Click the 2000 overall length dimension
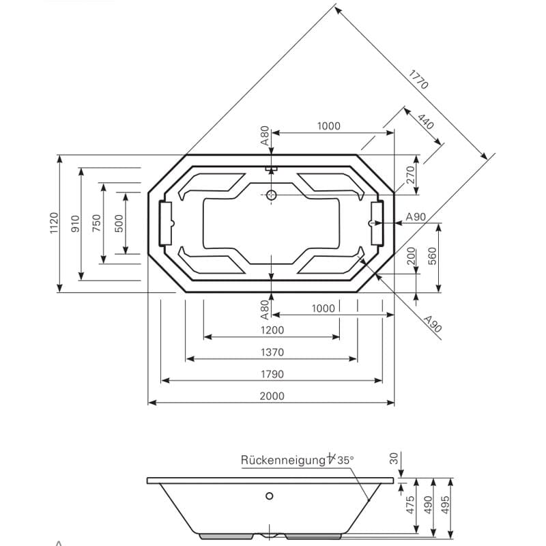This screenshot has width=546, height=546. pos(272,396)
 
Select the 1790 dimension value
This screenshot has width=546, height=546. pos(272,374)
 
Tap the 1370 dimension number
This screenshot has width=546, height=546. pos(272,352)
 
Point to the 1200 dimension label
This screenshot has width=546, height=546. pos(272,330)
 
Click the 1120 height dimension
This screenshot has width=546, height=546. pos(54,223)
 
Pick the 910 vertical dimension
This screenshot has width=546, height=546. pos(75,224)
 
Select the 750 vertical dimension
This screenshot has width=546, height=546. pos(97,223)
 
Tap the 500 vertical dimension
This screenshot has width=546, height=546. pos(119,224)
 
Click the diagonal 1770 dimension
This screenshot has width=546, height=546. pos(418,80)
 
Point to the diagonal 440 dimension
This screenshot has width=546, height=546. pos(425,121)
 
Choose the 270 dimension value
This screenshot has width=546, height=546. pos(411,175)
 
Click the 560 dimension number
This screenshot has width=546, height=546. pos(432,256)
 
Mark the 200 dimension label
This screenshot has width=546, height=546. pos(412,256)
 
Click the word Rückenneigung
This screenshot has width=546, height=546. pos(283,460)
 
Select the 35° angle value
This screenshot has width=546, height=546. pos(345,460)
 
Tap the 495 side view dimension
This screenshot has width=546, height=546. pos(445,505)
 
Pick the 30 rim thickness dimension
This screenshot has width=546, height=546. pos(394,458)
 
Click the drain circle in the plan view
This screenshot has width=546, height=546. pos(271,195)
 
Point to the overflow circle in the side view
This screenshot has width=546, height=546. pos(269,496)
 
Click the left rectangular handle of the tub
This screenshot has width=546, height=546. pos(165,223)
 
